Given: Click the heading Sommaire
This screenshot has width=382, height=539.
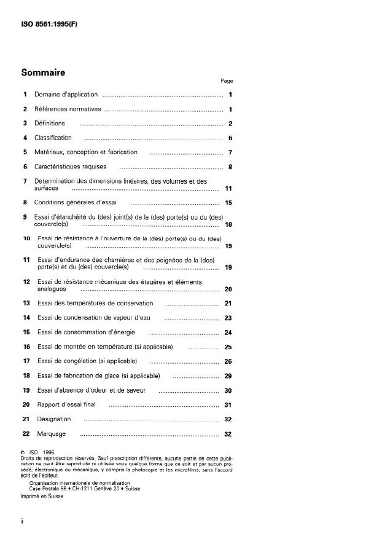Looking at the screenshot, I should (x=43, y=73).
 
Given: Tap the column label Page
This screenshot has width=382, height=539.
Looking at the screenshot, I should (x=227, y=81).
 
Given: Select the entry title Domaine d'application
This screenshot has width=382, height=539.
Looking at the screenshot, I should (x=66, y=95).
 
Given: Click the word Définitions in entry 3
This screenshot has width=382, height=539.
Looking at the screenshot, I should (x=49, y=124).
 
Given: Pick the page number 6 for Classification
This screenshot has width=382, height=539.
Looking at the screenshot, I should (x=229, y=138).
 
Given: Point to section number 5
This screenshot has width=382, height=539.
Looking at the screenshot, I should (x=25, y=152).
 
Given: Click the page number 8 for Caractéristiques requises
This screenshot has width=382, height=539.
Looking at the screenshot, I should (x=229, y=167).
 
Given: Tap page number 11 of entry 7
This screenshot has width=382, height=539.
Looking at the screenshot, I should (x=228, y=189).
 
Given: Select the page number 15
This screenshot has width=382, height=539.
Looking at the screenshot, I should (x=228, y=203).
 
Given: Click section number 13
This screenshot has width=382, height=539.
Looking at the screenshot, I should (x=26, y=303).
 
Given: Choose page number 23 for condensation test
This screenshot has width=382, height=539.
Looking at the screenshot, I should (x=228, y=318).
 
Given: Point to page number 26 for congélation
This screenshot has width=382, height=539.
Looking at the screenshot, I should (x=228, y=361).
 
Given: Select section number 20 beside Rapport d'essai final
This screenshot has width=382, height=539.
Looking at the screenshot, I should (x=26, y=404).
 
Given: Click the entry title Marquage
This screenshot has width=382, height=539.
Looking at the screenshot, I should (x=51, y=434).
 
